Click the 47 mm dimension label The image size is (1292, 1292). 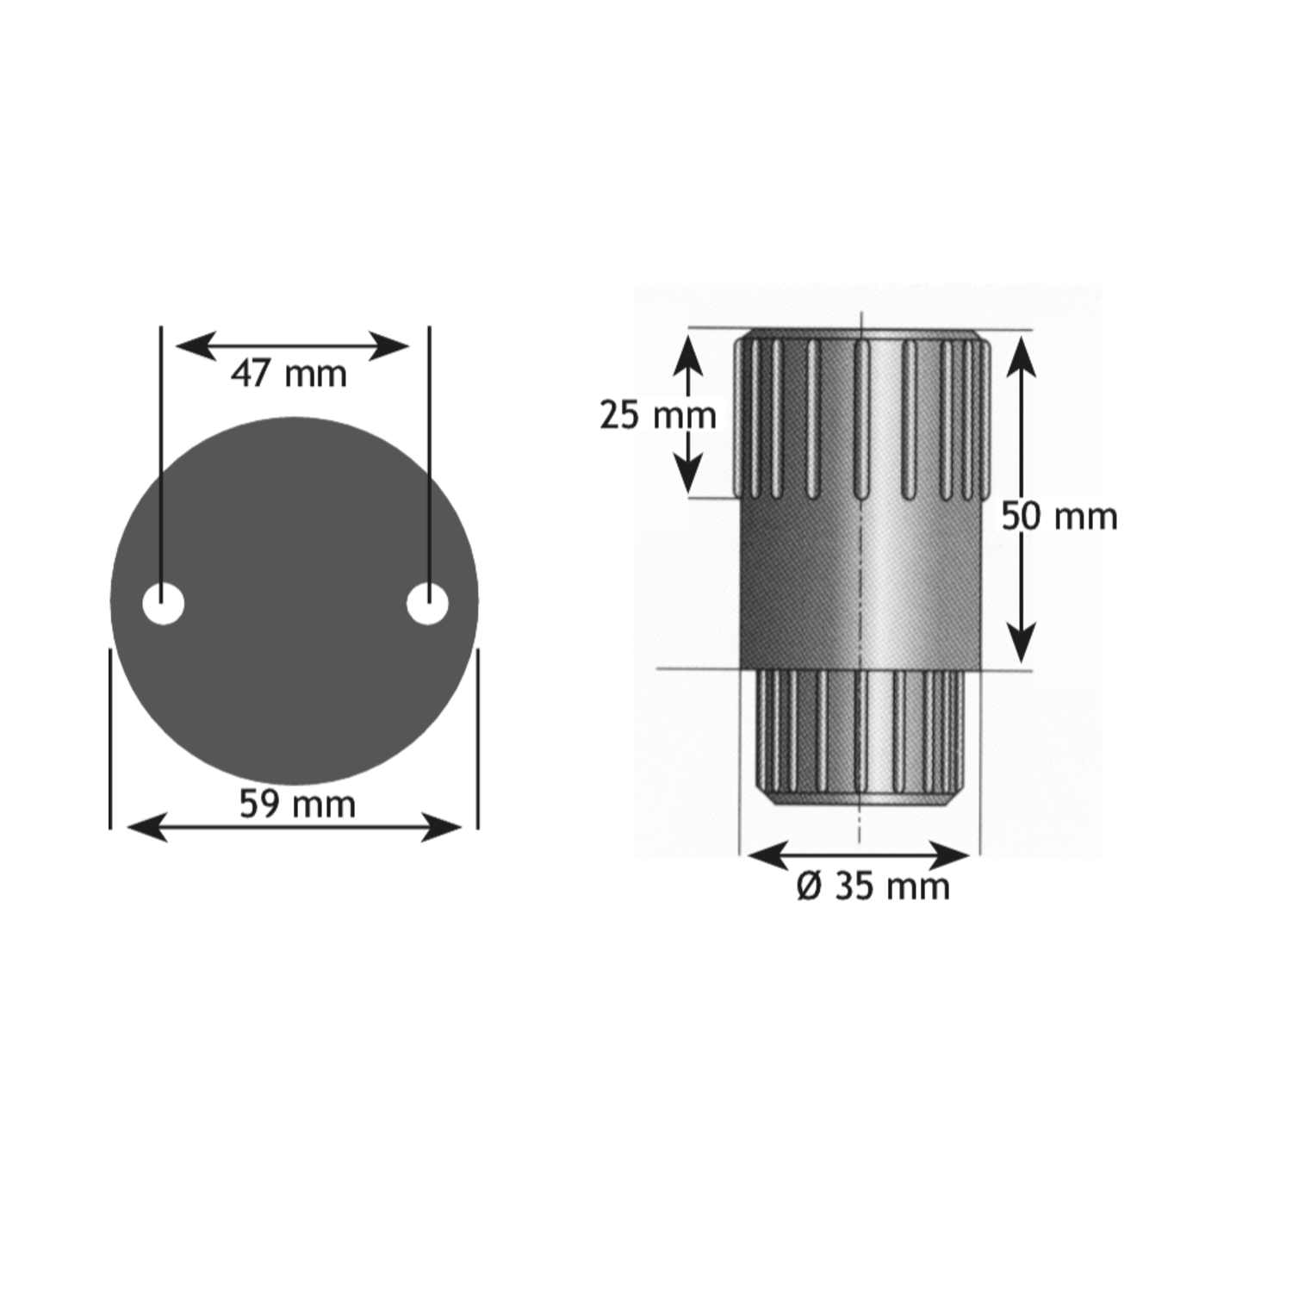coord(289,375)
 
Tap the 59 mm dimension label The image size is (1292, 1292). coord(297,804)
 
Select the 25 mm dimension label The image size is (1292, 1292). coord(658,415)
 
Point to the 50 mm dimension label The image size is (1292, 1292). coord(1059,517)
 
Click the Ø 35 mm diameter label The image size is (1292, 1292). coord(873,886)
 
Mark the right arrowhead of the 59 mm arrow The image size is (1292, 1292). coord(443,828)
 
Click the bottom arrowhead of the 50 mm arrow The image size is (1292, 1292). coord(1021,643)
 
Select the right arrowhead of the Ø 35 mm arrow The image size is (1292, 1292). coord(951,856)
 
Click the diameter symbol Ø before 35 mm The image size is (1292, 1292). coord(810,886)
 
